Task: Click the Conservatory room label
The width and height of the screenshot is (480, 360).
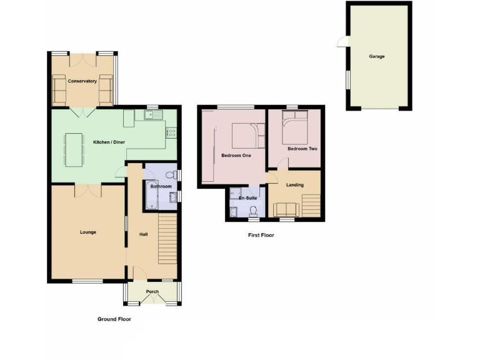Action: click(x=82, y=81)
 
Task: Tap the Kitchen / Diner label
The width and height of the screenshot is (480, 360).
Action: click(x=109, y=142)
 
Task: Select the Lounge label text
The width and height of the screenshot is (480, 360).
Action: click(x=87, y=232)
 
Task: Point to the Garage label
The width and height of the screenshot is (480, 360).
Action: click(x=376, y=56)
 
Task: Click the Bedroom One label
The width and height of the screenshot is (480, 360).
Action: click(x=236, y=156)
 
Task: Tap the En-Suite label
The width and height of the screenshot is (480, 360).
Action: click(x=248, y=198)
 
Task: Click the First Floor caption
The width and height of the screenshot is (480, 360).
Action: click(x=261, y=236)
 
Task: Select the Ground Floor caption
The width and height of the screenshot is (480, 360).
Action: click(x=114, y=319)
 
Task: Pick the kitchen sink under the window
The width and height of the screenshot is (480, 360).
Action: click(x=152, y=114)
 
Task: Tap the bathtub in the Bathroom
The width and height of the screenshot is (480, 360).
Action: click(x=152, y=196)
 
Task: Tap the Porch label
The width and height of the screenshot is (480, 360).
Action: click(x=152, y=292)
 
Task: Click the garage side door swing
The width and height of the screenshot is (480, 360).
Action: click(x=341, y=41)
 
